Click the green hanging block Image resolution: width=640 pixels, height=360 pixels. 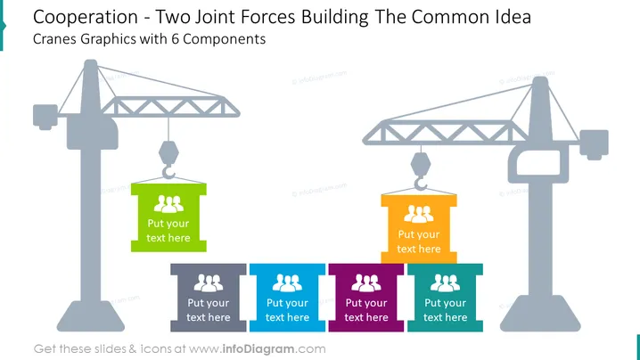tap(168, 217)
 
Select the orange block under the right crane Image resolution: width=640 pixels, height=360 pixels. tap(419, 229)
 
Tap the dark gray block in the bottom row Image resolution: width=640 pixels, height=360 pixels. tap(209, 298)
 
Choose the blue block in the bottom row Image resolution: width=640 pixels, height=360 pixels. tap(287, 298)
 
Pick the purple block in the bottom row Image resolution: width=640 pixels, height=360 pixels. tap(366, 298)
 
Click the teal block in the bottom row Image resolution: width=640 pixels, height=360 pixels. tap(445, 298)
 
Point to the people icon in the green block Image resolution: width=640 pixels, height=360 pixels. tap(168, 204)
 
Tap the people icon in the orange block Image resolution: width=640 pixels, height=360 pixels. tap(419, 214)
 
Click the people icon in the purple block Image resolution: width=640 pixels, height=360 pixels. tap(366, 282)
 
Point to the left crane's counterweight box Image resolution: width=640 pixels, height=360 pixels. tap(45, 117)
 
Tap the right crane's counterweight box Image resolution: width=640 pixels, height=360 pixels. tap(595, 144)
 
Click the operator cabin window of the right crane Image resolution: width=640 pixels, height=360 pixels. tap(538, 162)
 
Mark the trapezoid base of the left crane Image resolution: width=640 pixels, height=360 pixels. tap(91, 316)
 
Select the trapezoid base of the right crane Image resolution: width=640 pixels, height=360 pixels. tap(540, 313)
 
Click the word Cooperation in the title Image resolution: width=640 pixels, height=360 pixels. tap(86, 18)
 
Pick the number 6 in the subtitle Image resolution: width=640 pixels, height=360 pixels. tap(175, 39)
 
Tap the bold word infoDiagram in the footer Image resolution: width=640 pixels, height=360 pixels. tap(258, 349)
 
